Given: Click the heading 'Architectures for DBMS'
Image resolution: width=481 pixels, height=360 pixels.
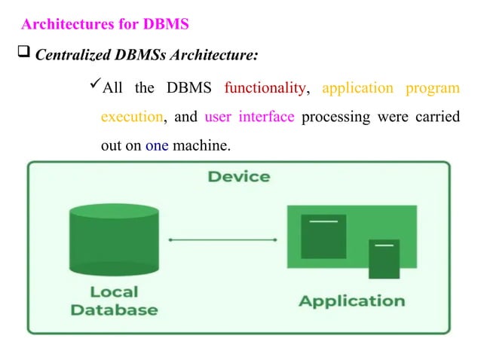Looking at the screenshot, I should coord(106,25).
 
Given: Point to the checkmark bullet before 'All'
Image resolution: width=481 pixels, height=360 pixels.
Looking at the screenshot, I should coord(94,87).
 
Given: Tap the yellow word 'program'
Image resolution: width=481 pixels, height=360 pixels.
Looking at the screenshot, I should coord(433,89).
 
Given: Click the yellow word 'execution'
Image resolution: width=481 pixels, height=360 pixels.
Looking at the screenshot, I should coord(131,117).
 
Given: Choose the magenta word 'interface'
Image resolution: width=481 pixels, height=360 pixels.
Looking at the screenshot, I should coord(266,117).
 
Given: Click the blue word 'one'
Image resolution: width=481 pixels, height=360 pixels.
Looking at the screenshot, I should coord(157,145).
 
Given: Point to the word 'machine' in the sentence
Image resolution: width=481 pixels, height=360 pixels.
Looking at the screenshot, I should coord(200,145).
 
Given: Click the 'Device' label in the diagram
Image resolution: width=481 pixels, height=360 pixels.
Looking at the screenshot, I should coord(239,177).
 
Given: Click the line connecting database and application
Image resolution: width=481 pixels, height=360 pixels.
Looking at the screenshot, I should coord(223,240).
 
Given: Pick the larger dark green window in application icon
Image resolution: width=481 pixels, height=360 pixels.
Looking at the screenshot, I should coord(323,236).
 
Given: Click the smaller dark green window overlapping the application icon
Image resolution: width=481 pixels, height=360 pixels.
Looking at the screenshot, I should coord(384,258).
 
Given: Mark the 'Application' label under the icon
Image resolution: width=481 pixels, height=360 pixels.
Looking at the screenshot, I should coord(351,301).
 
